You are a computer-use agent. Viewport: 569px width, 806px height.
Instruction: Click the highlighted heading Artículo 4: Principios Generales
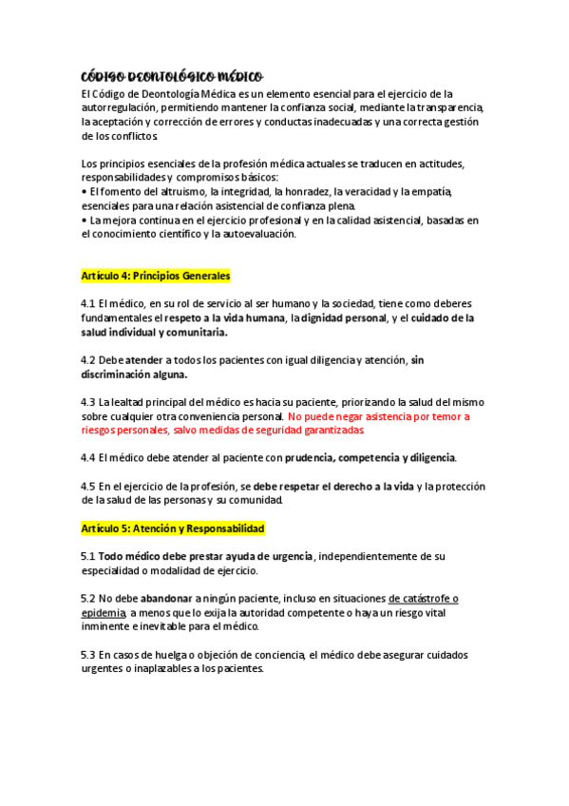tap(156, 276)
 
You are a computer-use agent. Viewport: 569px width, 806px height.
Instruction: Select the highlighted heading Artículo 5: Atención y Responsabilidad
tap(172, 528)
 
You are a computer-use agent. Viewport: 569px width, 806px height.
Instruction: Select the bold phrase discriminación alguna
tap(134, 374)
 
